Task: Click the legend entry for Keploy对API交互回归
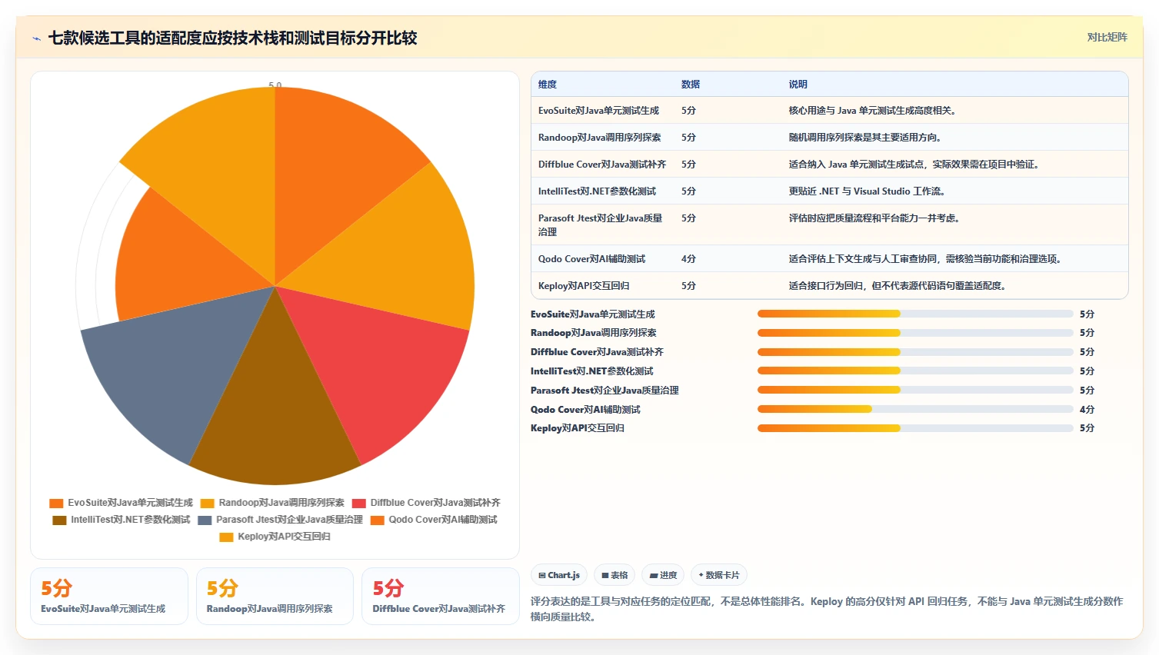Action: tap(275, 537)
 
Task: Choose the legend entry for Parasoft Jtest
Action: tap(280, 520)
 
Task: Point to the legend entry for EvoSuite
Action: tap(121, 502)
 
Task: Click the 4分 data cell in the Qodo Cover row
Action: tap(688, 258)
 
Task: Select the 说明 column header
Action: tap(798, 85)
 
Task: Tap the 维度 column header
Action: tap(547, 85)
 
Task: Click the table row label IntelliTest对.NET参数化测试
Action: tap(597, 191)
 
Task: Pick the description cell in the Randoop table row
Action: tap(864, 137)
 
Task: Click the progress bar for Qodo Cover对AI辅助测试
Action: tap(914, 409)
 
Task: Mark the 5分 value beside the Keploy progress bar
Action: tap(1087, 428)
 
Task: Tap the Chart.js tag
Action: tap(559, 575)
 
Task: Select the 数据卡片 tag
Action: tap(718, 575)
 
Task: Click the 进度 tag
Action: tap(663, 575)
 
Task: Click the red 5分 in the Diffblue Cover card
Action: tap(388, 588)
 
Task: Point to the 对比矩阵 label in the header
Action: tap(1107, 37)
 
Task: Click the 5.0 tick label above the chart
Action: tap(275, 85)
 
